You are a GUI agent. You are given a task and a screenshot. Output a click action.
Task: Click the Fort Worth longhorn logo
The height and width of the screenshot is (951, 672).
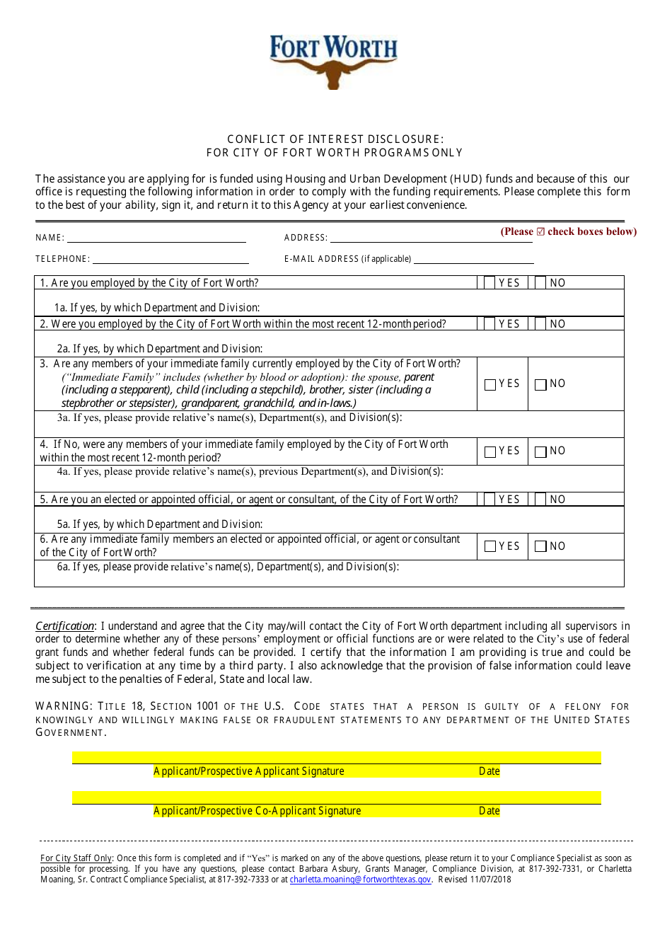coord(333,62)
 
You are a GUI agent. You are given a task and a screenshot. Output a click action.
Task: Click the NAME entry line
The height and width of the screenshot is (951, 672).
coord(156,238)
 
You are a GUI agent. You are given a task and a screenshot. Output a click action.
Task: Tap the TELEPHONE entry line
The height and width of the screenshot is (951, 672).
coord(170,260)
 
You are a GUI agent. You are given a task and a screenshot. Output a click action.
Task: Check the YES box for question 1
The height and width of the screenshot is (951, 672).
coord(489,283)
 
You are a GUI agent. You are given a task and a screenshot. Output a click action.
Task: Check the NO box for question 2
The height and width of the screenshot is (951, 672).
coord(540,324)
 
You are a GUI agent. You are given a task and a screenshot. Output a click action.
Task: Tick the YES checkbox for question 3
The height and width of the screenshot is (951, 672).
coord(490,385)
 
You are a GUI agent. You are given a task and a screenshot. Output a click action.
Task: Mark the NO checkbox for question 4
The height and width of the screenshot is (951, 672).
coord(541,452)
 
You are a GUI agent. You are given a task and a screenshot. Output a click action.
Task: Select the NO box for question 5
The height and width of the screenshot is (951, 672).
coord(540,500)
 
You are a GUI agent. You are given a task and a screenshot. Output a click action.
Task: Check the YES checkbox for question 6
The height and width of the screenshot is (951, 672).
coord(490,547)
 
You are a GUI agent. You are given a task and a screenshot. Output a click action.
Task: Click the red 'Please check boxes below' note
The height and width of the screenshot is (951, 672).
coord(569,232)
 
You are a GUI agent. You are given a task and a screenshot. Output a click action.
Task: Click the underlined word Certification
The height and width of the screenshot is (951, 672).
coord(64,626)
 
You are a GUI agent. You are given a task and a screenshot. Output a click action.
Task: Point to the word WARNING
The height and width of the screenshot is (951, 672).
coord(64,706)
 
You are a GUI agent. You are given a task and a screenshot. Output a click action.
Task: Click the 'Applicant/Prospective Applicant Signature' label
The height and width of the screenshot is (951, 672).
coord(249,771)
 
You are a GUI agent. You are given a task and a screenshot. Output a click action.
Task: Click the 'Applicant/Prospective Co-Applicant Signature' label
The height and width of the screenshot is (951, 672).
coord(257,811)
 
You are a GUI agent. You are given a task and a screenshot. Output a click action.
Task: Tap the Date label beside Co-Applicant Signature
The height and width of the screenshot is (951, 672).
coord(489,811)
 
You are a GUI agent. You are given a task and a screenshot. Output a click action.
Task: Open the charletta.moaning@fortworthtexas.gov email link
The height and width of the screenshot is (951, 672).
coord(360,880)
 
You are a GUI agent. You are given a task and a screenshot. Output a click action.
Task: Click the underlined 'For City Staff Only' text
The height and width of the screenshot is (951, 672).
coord(76,858)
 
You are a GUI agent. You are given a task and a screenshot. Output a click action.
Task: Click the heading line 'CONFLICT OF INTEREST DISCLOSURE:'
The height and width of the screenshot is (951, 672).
coord(335,139)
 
